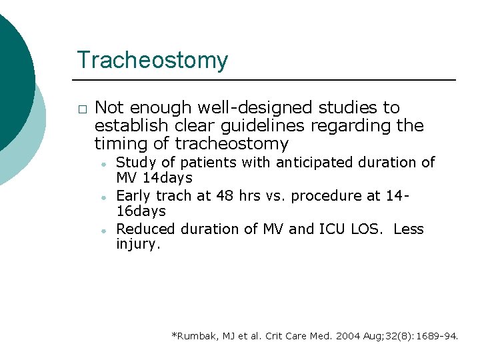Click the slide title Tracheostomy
click(x=152, y=61)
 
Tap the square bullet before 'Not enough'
click(x=81, y=109)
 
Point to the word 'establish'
click(x=127, y=126)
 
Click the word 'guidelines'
click(x=291, y=126)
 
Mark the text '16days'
click(x=141, y=211)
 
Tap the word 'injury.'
click(x=139, y=245)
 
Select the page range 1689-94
click(x=435, y=336)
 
